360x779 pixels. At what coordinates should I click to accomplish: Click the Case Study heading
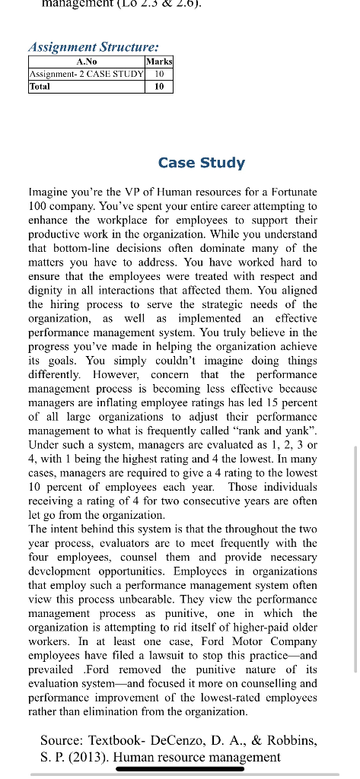[x=201, y=163]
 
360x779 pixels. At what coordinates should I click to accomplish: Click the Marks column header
[x=159, y=61]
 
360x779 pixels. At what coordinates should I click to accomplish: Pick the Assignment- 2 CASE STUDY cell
[x=85, y=74]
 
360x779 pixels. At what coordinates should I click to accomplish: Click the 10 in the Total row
[x=159, y=87]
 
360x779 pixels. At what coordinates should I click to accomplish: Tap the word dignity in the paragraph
[x=46, y=290]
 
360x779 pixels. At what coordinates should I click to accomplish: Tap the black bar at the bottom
[x=180, y=769]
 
